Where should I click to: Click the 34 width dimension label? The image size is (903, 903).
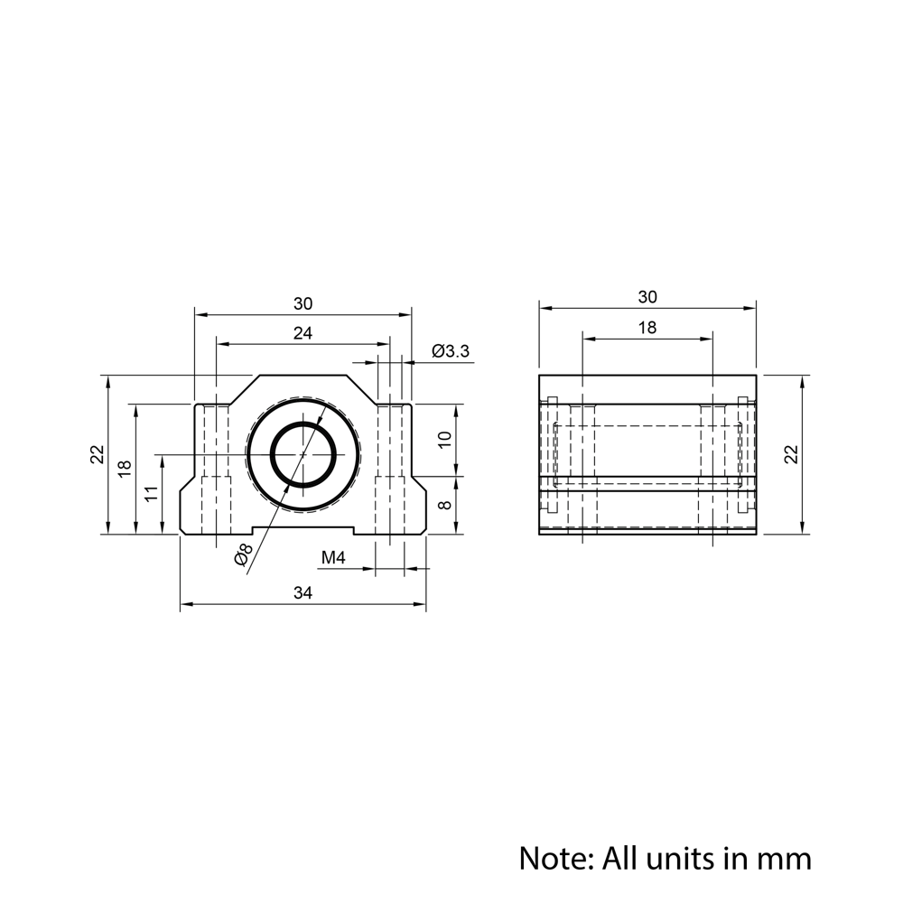[x=303, y=592]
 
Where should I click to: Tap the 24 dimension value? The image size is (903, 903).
[x=303, y=333]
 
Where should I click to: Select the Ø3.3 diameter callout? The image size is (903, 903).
[x=451, y=350]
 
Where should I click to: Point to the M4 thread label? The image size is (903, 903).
[x=333, y=557]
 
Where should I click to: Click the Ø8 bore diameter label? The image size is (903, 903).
[x=243, y=554]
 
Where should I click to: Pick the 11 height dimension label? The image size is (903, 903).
[x=151, y=494]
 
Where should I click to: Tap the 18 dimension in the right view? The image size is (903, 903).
[x=647, y=328]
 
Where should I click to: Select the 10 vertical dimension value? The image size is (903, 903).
[x=445, y=440]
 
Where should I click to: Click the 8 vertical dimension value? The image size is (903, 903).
[x=445, y=505]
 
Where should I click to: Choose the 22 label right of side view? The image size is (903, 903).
[x=793, y=454]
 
